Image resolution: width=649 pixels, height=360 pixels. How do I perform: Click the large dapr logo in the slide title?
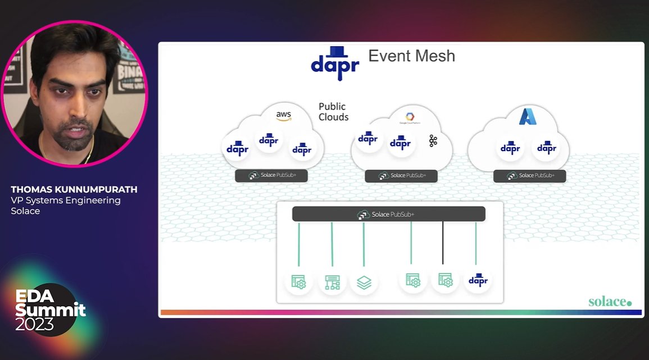point(335,63)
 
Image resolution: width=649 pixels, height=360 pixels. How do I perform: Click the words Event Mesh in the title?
point(411,56)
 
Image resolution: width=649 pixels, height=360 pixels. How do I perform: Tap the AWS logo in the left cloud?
point(284,116)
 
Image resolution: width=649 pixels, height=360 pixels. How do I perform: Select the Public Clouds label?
point(333,112)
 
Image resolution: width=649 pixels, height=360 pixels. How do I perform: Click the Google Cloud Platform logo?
point(410,118)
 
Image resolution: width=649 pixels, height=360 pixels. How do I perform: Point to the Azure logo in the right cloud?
point(528,116)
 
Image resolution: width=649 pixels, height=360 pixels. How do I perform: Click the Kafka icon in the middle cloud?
point(433,141)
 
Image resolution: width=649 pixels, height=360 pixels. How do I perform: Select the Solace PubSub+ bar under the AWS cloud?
point(271,175)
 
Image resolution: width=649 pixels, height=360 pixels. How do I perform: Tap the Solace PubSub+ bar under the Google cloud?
point(401,176)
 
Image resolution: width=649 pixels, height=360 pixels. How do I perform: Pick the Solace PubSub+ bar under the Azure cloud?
point(529,176)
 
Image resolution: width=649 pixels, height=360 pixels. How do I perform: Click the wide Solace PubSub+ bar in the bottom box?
point(388,214)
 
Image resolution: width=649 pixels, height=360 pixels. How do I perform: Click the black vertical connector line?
point(443,243)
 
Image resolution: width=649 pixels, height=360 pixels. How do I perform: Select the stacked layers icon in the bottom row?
point(364,282)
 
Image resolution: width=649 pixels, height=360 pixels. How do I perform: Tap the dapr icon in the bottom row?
point(478,280)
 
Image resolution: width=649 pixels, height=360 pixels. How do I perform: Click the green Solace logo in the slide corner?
point(610,302)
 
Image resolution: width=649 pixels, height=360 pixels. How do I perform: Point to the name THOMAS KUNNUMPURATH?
point(74,190)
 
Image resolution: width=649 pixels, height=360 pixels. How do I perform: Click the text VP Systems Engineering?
point(66,200)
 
